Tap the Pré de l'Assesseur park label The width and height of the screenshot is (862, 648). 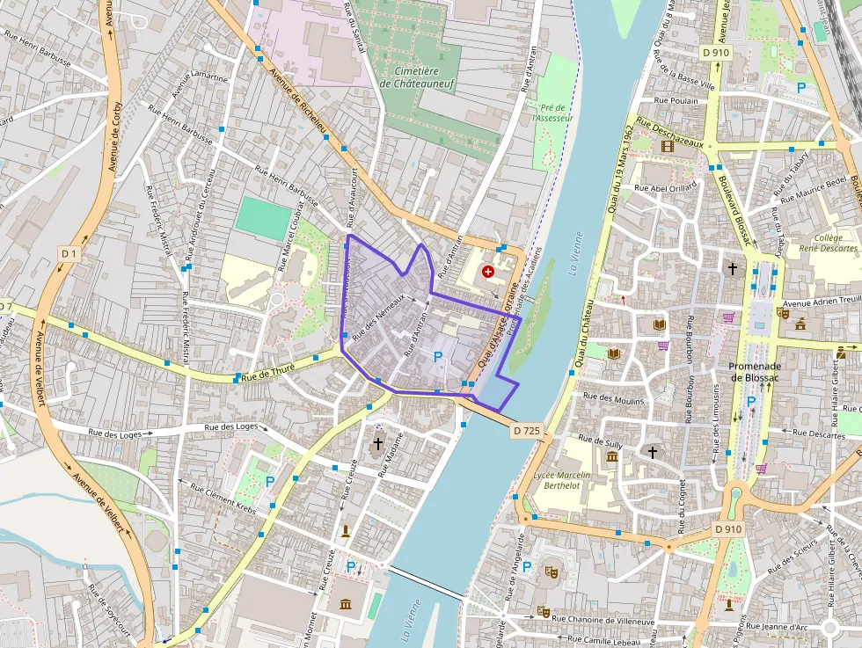pyautogui.click(x=553, y=113)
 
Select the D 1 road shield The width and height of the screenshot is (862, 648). pyautogui.click(x=69, y=253)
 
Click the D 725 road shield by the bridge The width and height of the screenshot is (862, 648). pyautogui.click(x=525, y=430)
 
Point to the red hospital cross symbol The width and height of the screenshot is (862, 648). pyautogui.click(x=488, y=273)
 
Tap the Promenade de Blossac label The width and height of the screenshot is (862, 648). pyautogui.click(x=749, y=372)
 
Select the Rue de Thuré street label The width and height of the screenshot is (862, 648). pyautogui.click(x=268, y=372)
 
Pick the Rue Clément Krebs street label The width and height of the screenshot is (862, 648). pyautogui.click(x=217, y=500)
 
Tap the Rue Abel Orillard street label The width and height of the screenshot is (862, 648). pyautogui.click(x=665, y=187)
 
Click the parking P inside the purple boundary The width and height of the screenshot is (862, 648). pyautogui.click(x=437, y=357)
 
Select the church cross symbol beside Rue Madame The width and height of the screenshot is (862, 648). pyautogui.click(x=378, y=443)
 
